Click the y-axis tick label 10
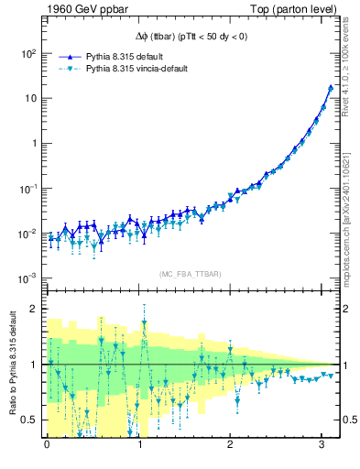click(29, 98)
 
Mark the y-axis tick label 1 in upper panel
click(32, 143)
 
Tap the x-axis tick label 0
click(47, 446)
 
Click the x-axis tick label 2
click(231, 446)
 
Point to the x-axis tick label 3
click(322, 446)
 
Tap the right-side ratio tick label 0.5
click(347, 420)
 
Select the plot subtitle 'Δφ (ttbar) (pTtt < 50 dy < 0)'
click(191, 37)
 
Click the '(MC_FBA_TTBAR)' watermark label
click(191, 275)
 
